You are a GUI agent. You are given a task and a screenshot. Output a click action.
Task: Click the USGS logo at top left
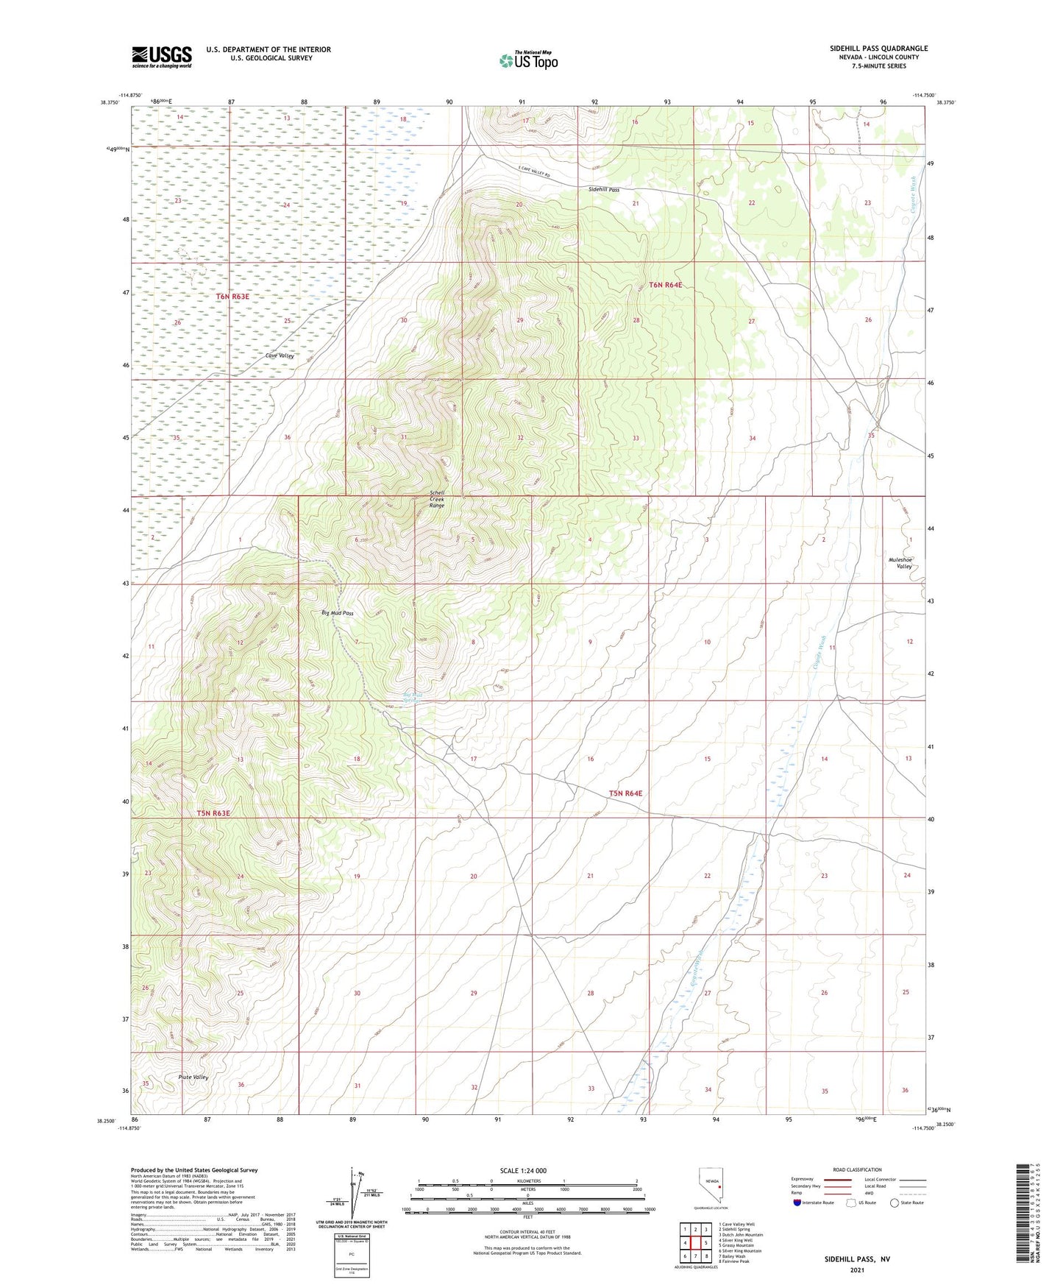[x=162, y=57]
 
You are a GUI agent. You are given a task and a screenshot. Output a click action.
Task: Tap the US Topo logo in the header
[x=527, y=60]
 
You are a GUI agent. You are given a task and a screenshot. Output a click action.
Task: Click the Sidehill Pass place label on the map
[x=603, y=189]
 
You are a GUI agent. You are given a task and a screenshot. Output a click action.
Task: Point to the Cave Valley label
[x=280, y=355]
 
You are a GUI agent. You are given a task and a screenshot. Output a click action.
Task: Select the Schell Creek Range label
[x=437, y=499]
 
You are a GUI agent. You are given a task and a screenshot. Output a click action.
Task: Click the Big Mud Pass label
[x=338, y=613]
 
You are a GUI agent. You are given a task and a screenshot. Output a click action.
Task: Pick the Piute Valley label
[x=193, y=1077]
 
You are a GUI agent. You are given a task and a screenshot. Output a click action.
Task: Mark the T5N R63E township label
[x=213, y=813]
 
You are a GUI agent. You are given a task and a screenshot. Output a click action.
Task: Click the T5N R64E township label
[x=625, y=793]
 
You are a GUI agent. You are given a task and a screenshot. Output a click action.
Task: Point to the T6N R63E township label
[x=232, y=297]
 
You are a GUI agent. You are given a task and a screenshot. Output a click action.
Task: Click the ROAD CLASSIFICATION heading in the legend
[x=857, y=1169]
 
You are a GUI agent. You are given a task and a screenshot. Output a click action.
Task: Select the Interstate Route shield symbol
[x=798, y=1203]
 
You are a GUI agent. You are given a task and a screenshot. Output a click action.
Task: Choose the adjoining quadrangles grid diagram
[x=695, y=1243]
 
